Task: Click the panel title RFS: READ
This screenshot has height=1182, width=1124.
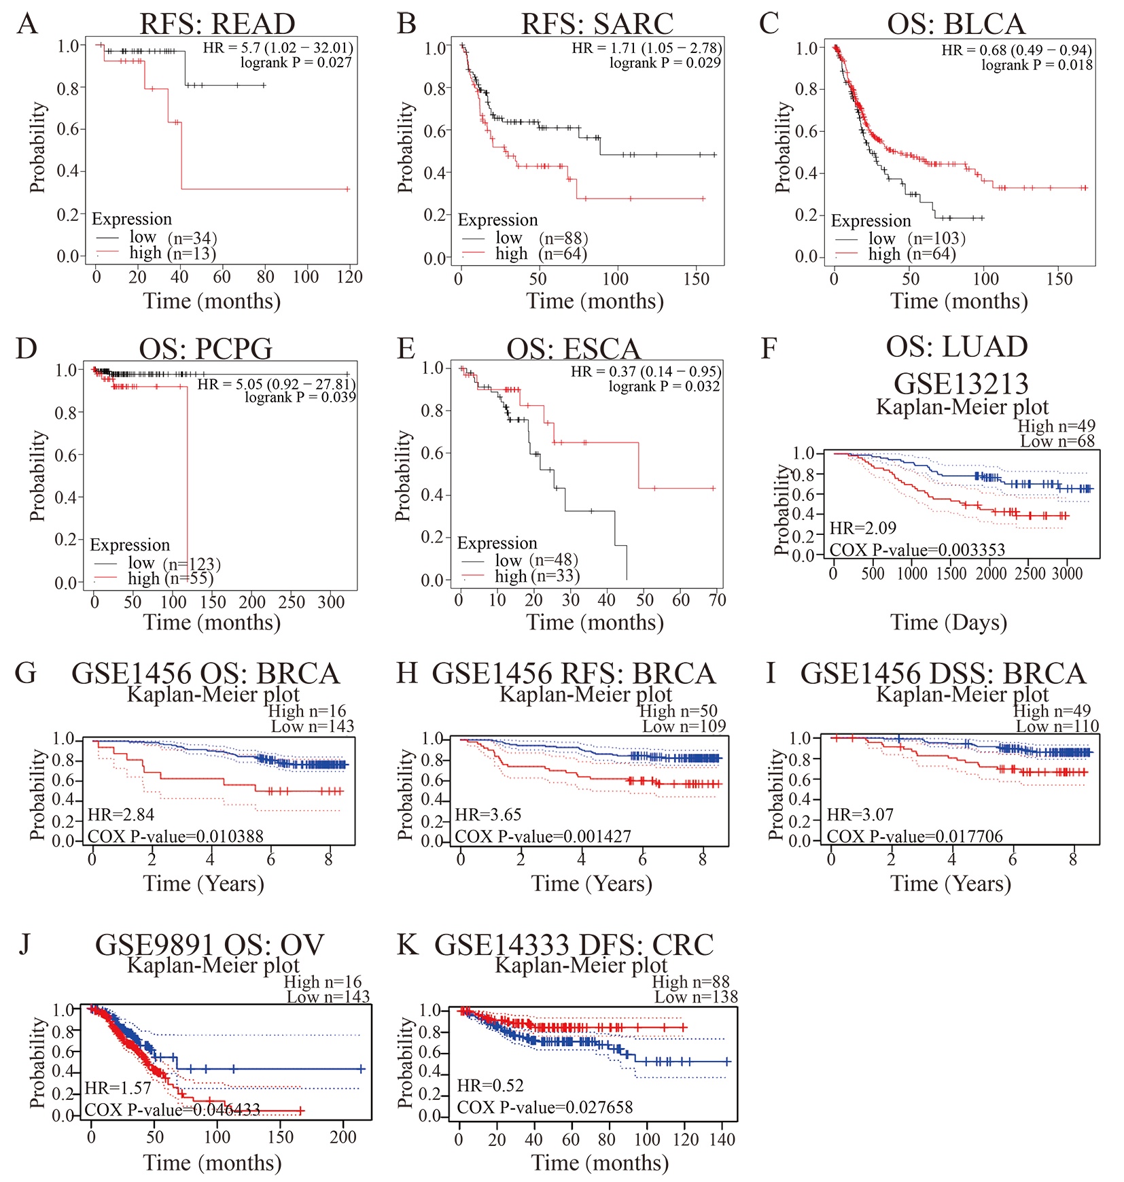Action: click(217, 24)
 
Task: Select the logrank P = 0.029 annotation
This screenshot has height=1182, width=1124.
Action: click(665, 63)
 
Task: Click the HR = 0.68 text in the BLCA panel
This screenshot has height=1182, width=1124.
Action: click(1017, 50)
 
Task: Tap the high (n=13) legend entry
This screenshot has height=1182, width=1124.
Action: click(172, 254)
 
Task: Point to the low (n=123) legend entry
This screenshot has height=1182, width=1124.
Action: click(173, 563)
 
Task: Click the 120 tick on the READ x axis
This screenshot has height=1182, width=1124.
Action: click(350, 277)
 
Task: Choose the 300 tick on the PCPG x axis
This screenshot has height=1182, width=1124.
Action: click(332, 602)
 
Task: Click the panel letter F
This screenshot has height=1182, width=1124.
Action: click(769, 348)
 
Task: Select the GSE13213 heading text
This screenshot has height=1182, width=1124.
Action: click(961, 383)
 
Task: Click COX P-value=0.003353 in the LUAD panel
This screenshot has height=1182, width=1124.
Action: click(917, 549)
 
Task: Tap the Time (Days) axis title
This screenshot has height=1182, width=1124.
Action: click(949, 622)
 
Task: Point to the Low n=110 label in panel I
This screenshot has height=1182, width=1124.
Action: click(1057, 727)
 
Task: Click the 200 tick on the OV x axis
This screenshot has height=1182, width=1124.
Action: click(343, 1137)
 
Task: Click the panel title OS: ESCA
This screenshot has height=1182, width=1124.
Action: click(574, 349)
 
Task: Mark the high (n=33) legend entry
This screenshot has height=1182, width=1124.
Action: click(536, 576)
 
